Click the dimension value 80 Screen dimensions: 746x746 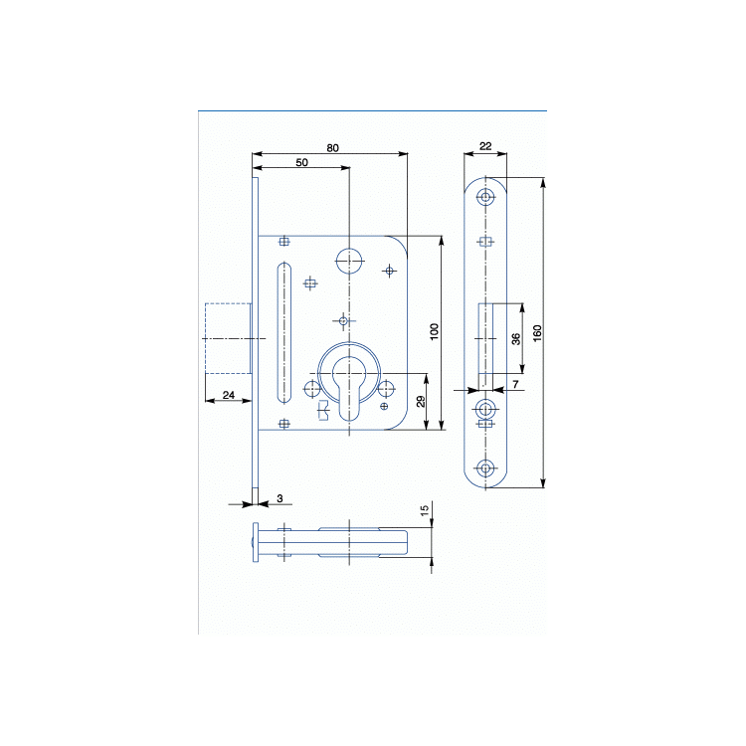tap(332, 148)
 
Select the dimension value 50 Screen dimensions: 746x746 tap(301, 163)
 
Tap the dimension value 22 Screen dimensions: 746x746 tap(485, 146)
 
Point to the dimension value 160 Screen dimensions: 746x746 tap(537, 332)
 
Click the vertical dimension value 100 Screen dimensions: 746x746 tap(434, 331)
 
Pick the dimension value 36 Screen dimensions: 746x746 tap(515, 339)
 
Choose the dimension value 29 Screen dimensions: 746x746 tap(421, 402)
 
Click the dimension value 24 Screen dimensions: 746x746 tap(229, 395)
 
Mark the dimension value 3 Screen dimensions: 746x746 tap(280, 498)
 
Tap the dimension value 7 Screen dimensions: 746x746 tap(515, 384)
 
